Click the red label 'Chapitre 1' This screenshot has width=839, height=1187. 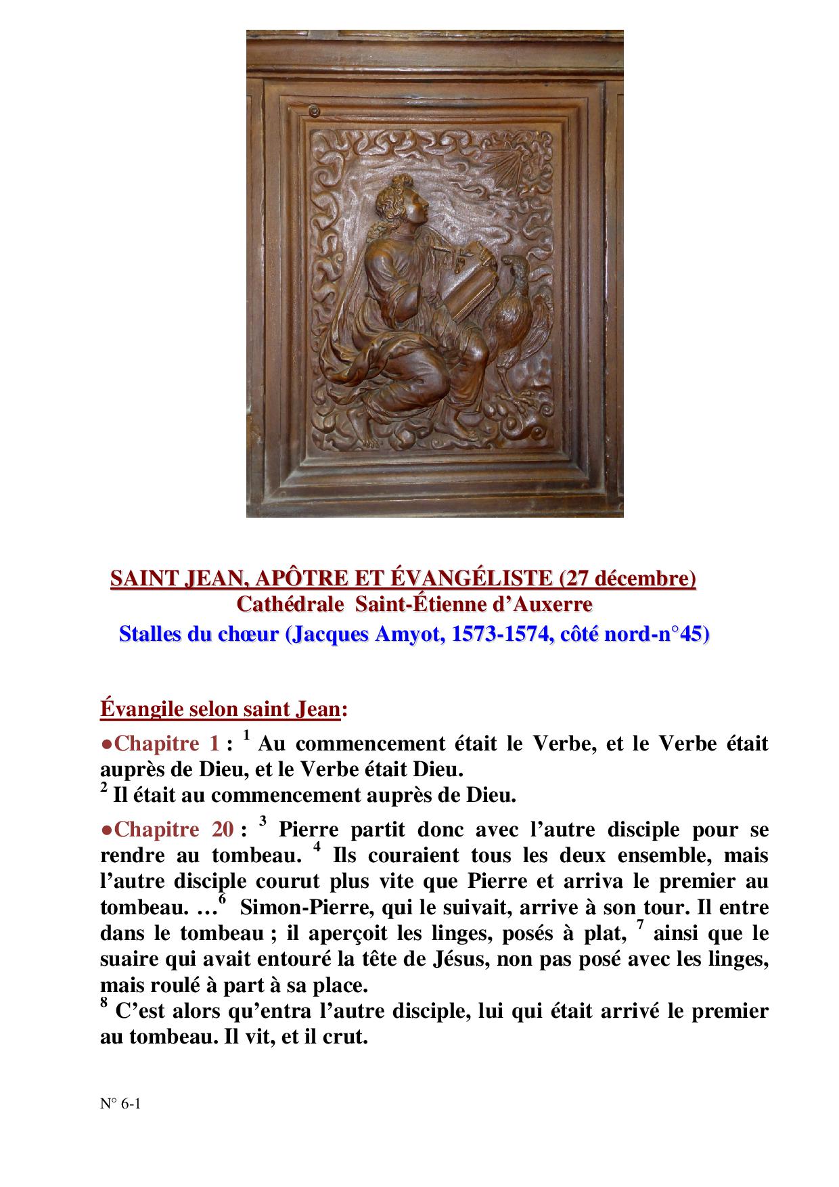click(x=166, y=744)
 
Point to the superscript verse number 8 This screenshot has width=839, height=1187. click(x=104, y=1004)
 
